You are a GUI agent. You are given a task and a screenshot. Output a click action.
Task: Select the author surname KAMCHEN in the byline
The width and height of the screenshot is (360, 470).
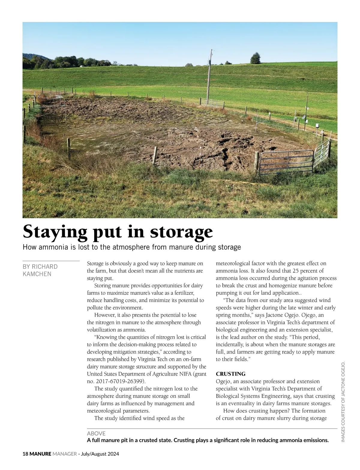[37, 274]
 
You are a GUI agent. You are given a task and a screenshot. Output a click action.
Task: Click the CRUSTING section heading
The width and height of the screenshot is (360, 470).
[230, 374]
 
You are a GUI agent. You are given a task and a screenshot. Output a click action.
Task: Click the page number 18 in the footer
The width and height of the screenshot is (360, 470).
[25, 454]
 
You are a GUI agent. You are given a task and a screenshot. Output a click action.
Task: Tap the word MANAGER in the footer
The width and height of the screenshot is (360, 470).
[64, 454]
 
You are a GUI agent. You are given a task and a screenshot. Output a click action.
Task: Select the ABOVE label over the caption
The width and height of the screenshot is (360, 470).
[96, 433]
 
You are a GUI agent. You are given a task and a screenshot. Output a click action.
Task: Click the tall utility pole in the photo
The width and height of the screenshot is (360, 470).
[209, 78]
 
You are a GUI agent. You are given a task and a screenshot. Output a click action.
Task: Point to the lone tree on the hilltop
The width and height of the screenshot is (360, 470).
[255, 58]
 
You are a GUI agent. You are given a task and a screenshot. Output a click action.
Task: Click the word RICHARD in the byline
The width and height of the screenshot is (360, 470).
[45, 267]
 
